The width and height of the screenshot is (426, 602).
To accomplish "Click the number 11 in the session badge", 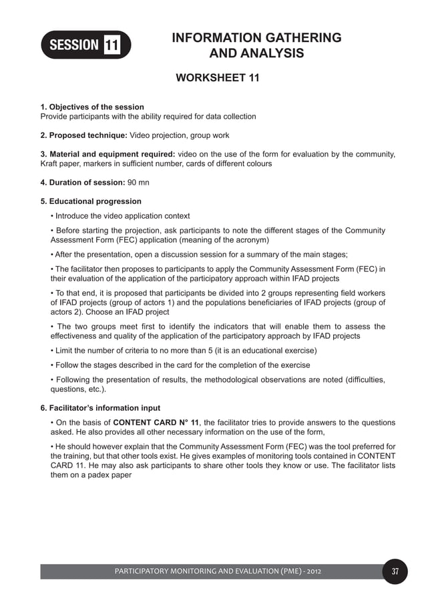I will pos(112,45).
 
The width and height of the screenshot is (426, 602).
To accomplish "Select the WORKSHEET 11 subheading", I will pos(216,78).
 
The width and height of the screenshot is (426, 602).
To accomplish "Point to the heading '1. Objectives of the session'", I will pos(92,107).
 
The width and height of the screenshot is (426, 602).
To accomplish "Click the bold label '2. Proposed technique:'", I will pos(83,135).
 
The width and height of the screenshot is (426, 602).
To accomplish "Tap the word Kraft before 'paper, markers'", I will pos(51,163).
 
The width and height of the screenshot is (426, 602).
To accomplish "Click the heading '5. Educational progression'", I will pos(91,201).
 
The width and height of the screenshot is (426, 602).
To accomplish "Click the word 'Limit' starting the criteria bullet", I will pos(66,351).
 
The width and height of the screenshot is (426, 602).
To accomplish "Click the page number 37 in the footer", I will pos(395,571).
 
